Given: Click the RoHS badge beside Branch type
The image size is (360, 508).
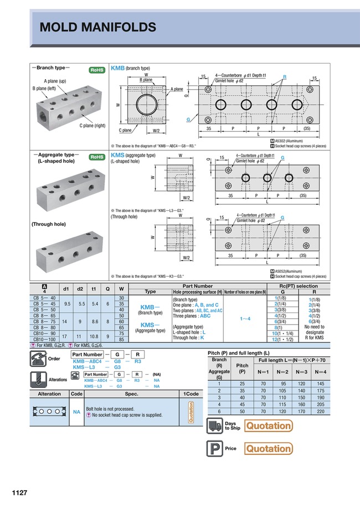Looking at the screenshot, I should [x=97, y=70].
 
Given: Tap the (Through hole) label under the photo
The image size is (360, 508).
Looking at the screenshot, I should [x=49, y=224].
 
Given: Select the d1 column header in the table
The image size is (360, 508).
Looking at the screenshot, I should [x=66, y=288].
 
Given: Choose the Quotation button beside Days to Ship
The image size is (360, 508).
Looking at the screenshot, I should [x=269, y=426].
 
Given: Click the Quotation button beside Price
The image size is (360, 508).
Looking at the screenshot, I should [x=269, y=448].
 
